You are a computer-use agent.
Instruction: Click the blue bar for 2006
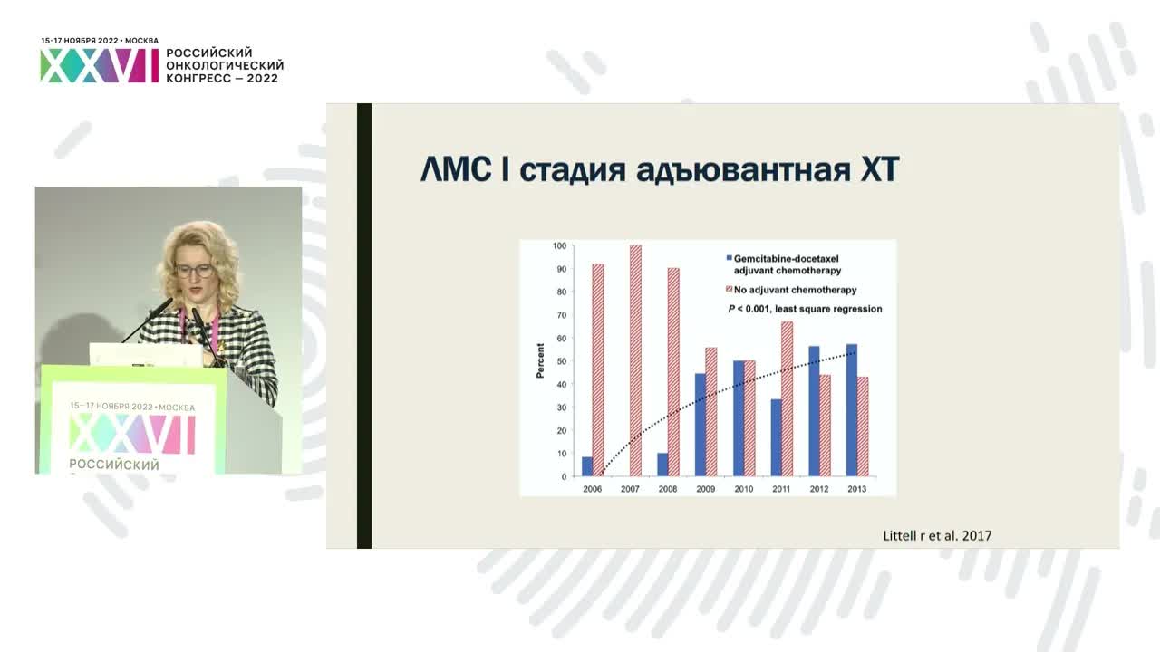[x=587, y=466]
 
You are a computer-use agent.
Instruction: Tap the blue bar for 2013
[x=852, y=410]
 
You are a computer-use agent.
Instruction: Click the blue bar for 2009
[x=701, y=425]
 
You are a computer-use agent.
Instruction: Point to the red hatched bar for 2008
[x=673, y=371]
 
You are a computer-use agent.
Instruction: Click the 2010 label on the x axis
[x=743, y=489]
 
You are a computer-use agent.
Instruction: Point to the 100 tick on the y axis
[x=559, y=245]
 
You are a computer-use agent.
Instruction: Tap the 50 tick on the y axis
[x=561, y=361]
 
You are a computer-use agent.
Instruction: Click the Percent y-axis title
[x=541, y=360]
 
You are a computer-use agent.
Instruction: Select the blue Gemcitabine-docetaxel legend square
[x=728, y=259]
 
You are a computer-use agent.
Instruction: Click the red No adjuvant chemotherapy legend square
[x=728, y=290]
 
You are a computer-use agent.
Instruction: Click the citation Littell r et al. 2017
[x=937, y=535]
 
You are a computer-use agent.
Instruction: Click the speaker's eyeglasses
[x=194, y=270]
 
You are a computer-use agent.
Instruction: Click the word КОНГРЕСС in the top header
[x=200, y=78]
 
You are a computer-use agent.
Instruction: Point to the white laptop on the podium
[x=145, y=354]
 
